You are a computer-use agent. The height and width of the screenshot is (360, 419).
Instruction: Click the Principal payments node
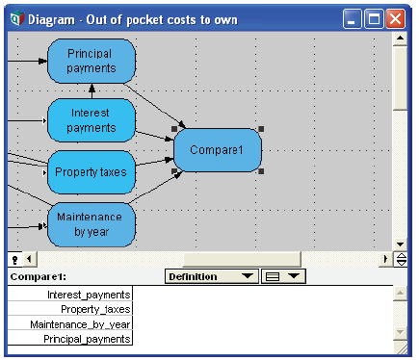pyautogui.click(x=92, y=61)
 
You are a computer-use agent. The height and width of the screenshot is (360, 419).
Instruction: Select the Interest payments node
pyautogui.click(x=92, y=120)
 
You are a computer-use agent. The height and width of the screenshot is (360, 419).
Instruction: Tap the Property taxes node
pyautogui.click(x=92, y=172)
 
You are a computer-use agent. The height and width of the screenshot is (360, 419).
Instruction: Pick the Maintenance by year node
pyautogui.click(x=92, y=224)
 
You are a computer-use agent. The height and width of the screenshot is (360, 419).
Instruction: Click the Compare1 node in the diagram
pyautogui.click(x=218, y=150)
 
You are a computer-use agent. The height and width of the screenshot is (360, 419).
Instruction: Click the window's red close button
pyautogui.click(x=395, y=19)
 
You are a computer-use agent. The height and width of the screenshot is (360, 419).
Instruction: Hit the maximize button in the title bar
pyautogui.click(x=374, y=19)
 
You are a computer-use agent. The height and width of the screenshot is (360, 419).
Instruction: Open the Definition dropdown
pyautogui.click(x=212, y=276)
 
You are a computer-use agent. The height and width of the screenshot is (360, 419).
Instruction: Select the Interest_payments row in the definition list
pyautogui.click(x=70, y=294)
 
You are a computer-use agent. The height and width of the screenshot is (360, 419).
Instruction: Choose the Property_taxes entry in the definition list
pyautogui.click(x=70, y=309)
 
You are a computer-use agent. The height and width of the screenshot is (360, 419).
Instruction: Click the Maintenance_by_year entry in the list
pyautogui.click(x=70, y=323)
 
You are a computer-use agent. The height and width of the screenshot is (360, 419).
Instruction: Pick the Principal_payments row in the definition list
pyautogui.click(x=70, y=338)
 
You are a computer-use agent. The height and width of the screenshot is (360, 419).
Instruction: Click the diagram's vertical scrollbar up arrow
pyautogui.click(x=400, y=39)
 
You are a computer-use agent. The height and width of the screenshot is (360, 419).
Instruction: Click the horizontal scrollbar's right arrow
pyautogui.click(x=385, y=259)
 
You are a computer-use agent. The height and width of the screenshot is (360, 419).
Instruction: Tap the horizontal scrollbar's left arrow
pyautogui.click(x=29, y=259)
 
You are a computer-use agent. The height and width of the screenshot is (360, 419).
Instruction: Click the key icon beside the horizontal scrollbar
pyautogui.click(x=14, y=259)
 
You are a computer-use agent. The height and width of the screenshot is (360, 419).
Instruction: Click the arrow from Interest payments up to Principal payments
pyautogui.click(x=92, y=91)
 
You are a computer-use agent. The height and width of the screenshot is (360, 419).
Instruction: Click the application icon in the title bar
pyautogui.click(x=17, y=19)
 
